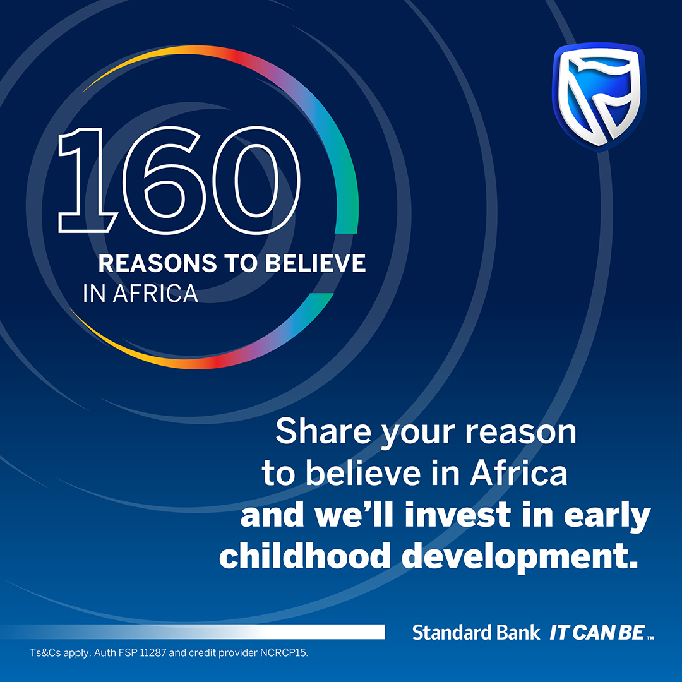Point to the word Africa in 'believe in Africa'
coord(518,474)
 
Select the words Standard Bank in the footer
coord(476,632)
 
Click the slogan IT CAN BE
coord(597,632)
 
